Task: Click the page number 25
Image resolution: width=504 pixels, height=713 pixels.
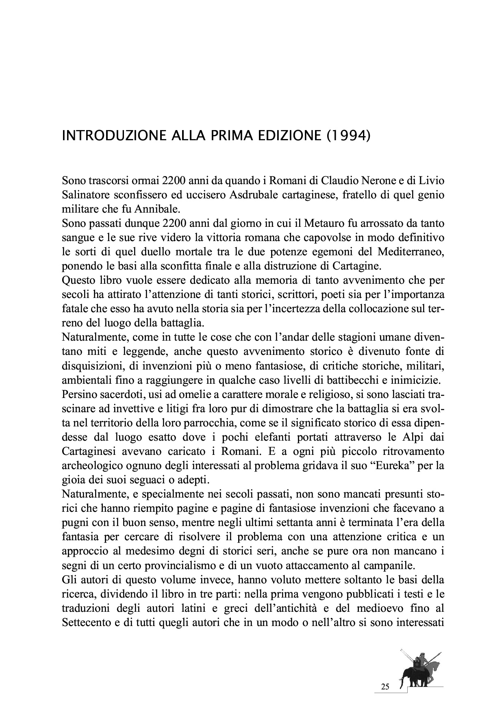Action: pyautogui.click(x=385, y=687)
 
